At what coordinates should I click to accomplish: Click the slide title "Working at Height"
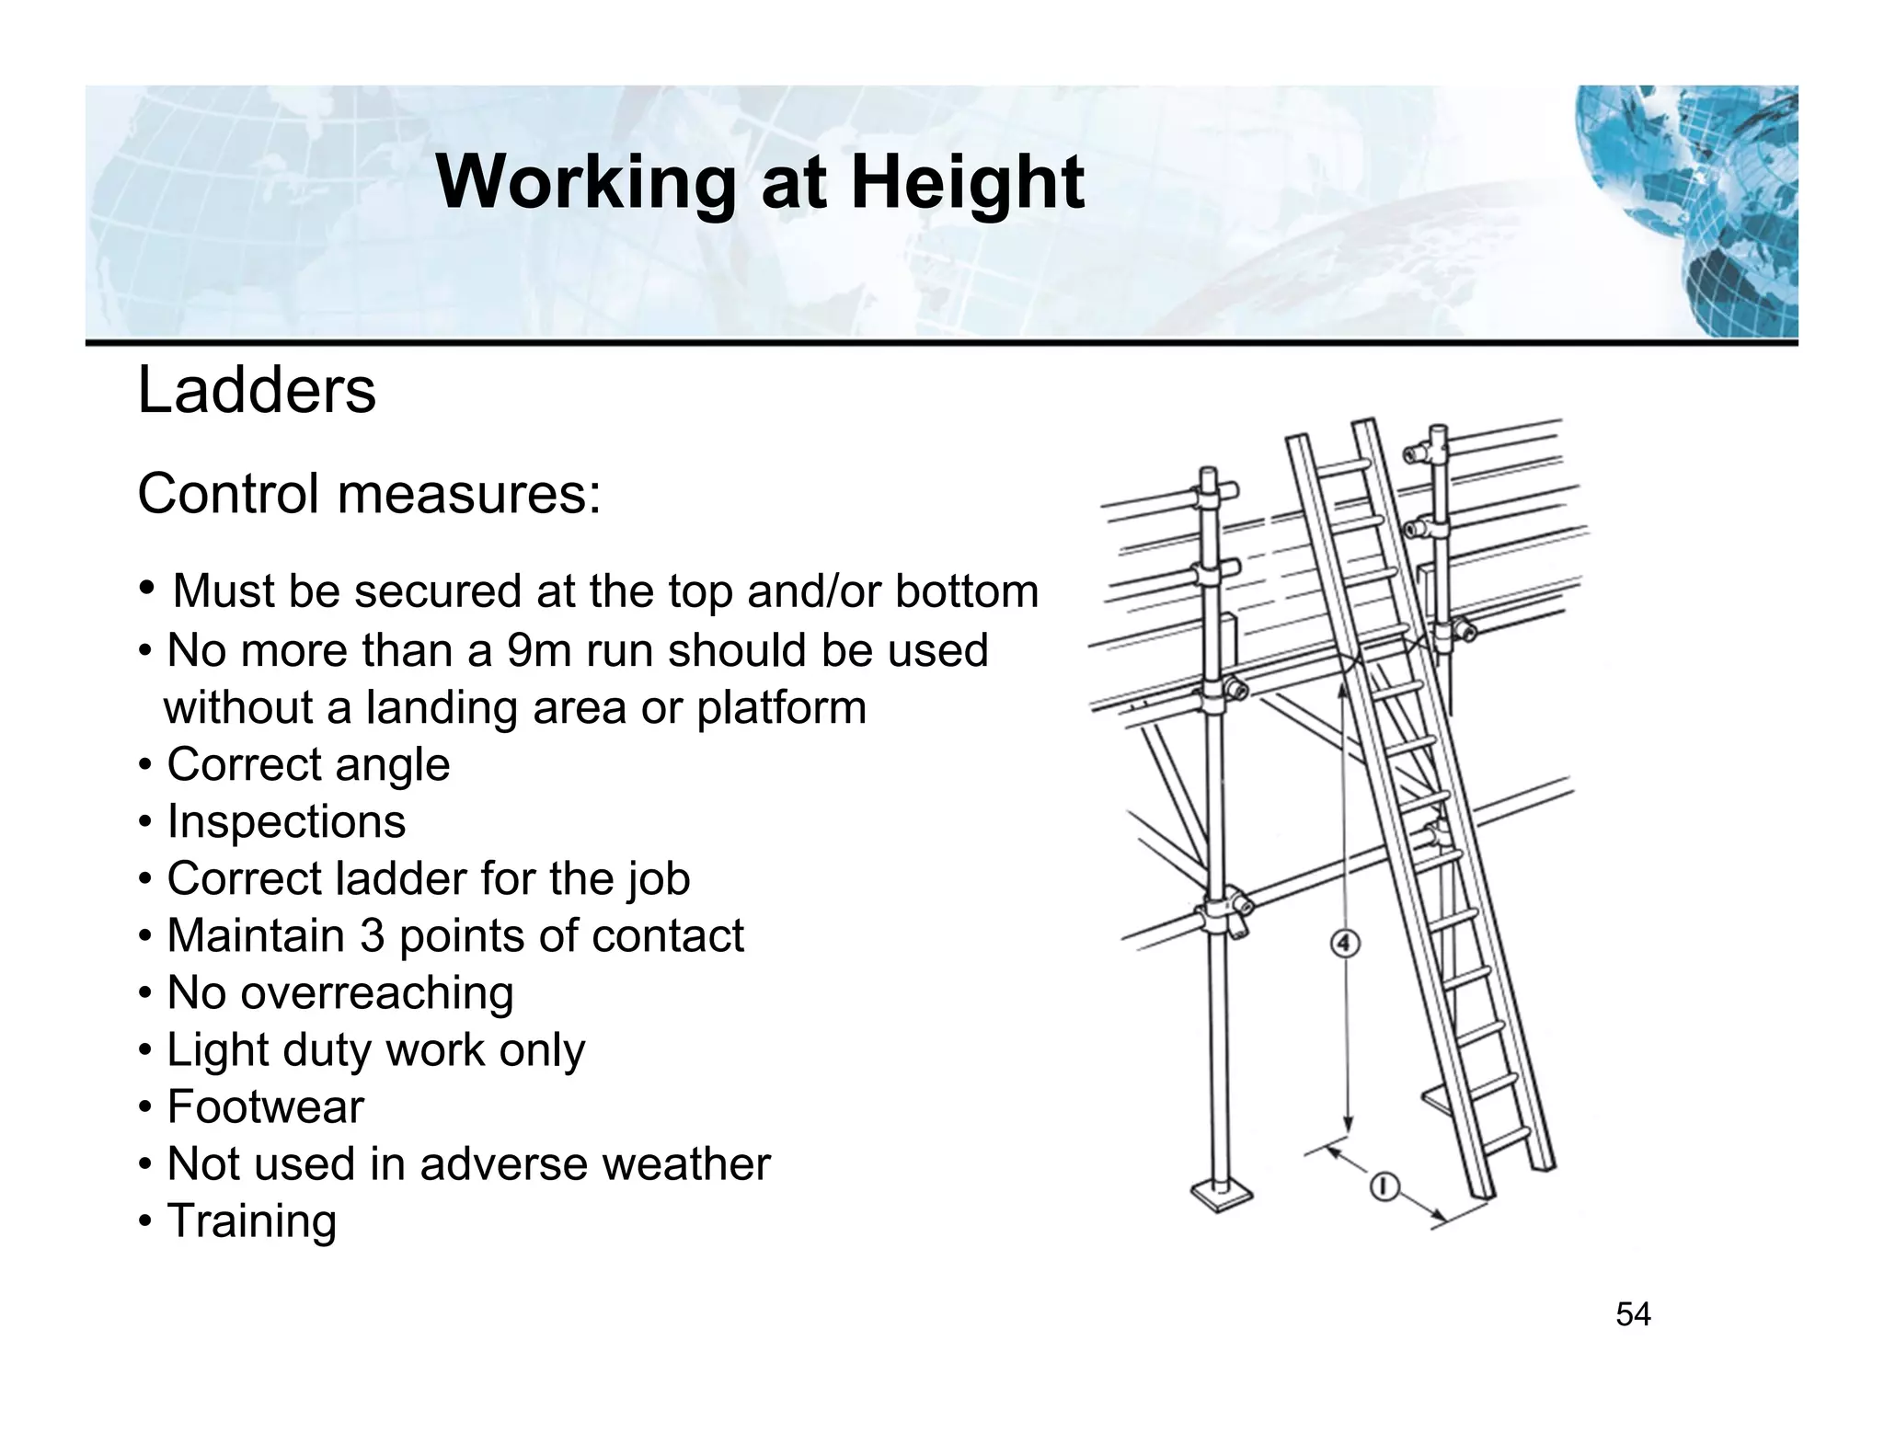click(x=760, y=182)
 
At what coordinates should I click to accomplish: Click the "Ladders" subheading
click(x=257, y=391)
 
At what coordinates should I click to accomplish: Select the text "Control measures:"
click(x=369, y=494)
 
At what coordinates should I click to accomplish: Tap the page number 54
click(x=1633, y=1314)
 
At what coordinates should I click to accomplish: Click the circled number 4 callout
click(x=1346, y=944)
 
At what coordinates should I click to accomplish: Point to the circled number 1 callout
click(x=1384, y=1187)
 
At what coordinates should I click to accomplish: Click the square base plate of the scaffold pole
click(x=1221, y=1196)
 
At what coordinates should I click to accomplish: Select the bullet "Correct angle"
click(x=308, y=764)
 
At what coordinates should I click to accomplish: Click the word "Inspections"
click(x=286, y=821)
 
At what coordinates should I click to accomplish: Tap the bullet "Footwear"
click(x=265, y=1106)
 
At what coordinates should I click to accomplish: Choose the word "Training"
click(x=251, y=1220)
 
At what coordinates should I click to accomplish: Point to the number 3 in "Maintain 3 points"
click(x=371, y=935)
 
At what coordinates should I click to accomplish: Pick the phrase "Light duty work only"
click(x=375, y=1049)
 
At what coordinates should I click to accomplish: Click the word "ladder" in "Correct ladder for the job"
click(x=400, y=878)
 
